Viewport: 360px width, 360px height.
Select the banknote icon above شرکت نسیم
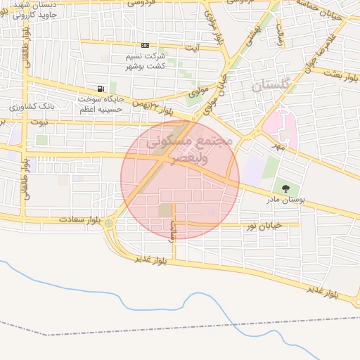pos(145,46)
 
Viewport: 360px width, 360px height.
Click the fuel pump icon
pos(102,89)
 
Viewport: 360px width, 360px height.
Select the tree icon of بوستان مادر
pos(285,188)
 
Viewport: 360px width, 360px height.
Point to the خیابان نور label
pos(264,225)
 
